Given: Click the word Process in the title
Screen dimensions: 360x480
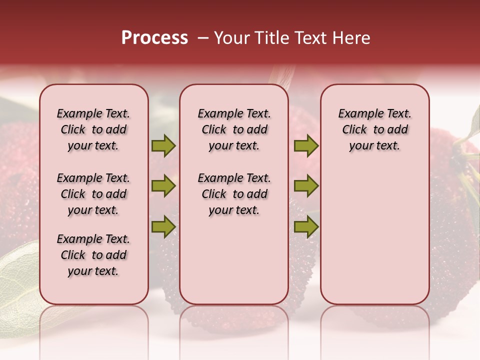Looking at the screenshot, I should click(x=154, y=38).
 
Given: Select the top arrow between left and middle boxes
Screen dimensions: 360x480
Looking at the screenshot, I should click(x=163, y=146).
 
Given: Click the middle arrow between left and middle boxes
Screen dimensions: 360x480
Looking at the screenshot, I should click(x=163, y=186).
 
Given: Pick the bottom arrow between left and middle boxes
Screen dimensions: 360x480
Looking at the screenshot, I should click(x=163, y=227).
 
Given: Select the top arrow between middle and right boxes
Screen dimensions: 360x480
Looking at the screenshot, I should click(x=306, y=146).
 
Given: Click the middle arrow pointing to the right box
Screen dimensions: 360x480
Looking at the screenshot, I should click(x=306, y=186).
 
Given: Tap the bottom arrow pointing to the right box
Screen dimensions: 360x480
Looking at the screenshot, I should click(x=306, y=227).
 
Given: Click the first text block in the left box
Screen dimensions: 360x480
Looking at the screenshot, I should click(x=93, y=129).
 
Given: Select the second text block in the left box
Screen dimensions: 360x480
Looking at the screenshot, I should click(x=93, y=194).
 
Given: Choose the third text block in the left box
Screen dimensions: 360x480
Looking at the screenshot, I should click(x=93, y=255).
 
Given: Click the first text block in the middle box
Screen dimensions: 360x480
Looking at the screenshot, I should click(x=234, y=129).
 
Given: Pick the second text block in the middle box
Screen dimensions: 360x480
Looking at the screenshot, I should click(x=234, y=194).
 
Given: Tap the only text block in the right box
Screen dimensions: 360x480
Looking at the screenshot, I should click(x=374, y=129).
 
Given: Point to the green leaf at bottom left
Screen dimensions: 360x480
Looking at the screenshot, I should click(x=17, y=280).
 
